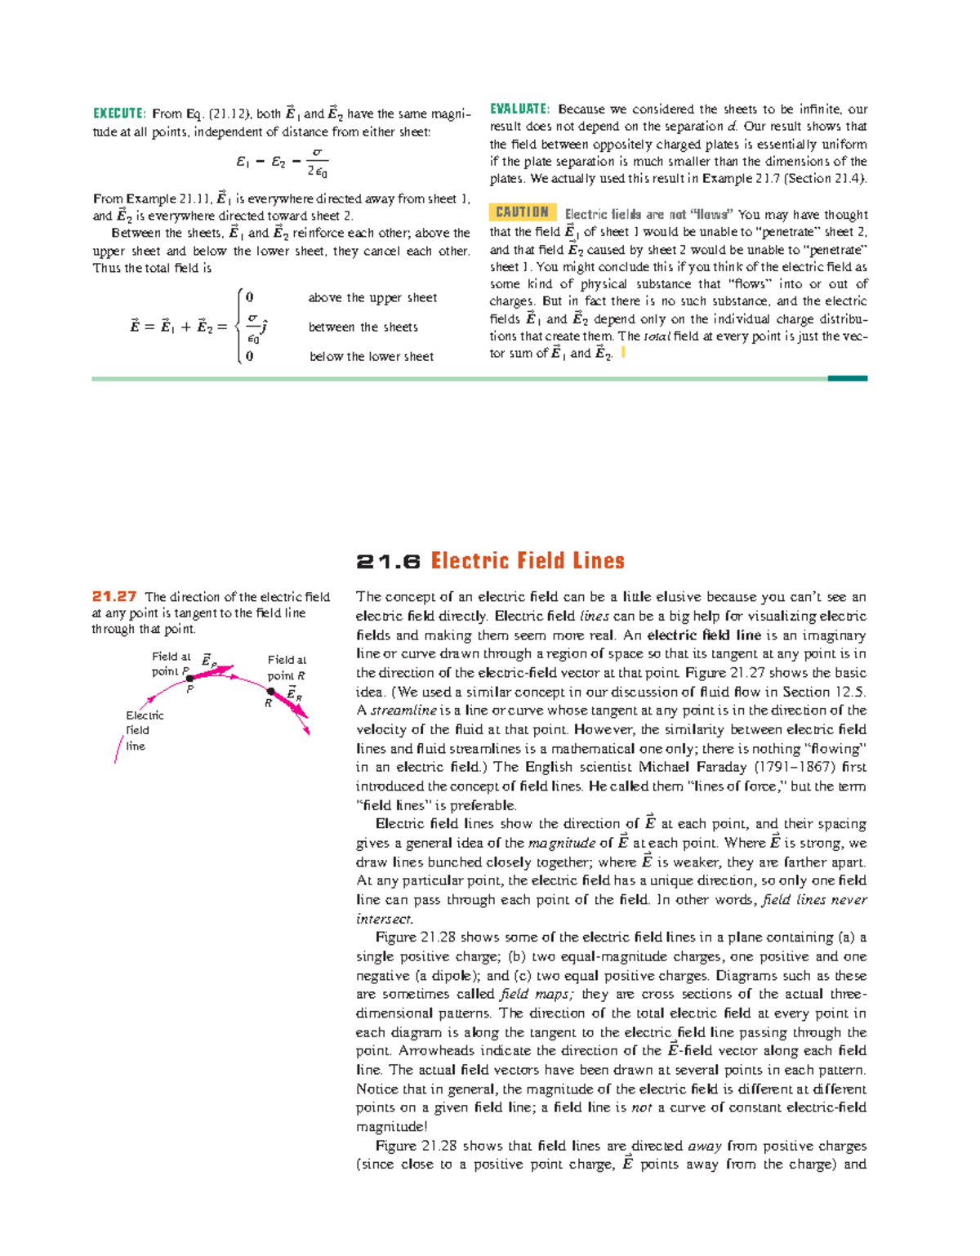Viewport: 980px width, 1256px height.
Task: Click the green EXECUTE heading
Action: (x=119, y=114)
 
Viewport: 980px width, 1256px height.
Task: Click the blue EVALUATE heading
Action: (x=519, y=109)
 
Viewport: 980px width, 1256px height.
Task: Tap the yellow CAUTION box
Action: (x=523, y=212)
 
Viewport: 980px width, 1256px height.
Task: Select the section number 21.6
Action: (x=388, y=562)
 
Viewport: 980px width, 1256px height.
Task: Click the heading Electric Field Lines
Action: (x=528, y=561)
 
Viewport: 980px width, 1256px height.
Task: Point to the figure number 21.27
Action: (x=114, y=597)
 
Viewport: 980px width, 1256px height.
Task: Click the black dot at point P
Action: (x=189, y=679)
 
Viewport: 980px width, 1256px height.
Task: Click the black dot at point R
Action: (x=271, y=692)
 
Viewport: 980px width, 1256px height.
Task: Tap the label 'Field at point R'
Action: (x=287, y=668)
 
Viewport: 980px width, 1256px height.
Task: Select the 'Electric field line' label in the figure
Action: (x=144, y=730)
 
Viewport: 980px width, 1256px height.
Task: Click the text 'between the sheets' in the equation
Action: (x=363, y=327)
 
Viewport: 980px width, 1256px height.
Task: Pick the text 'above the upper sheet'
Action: (x=372, y=298)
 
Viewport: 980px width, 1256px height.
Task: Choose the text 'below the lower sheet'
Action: (x=372, y=357)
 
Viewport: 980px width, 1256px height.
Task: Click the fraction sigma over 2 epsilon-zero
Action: (x=317, y=163)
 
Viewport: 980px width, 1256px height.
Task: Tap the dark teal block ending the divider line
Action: (x=847, y=379)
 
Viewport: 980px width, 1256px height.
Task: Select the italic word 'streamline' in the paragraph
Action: (x=403, y=710)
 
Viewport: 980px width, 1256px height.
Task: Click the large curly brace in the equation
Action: (x=238, y=327)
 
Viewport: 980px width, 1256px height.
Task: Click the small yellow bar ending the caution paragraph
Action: (x=623, y=353)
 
